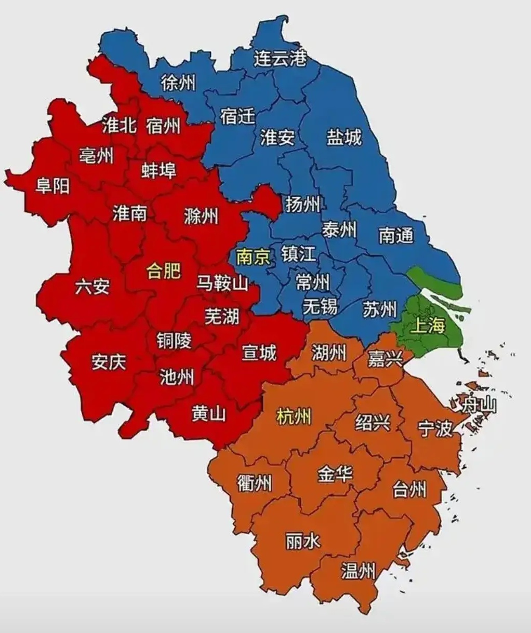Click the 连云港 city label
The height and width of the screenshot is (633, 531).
click(x=280, y=58)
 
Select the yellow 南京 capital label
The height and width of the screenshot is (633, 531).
click(x=253, y=257)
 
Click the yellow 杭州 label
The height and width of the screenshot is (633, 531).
click(x=294, y=416)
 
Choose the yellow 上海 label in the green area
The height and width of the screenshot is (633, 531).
click(x=428, y=326)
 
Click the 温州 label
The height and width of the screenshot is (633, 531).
click(x=358, y=571)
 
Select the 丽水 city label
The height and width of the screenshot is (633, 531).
click(x=303, y=542)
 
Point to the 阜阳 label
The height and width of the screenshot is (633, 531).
click(x=52, y=185)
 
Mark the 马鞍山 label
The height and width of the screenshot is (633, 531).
click(x=222, y=284)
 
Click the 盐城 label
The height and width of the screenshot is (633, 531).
click(x=344, y=138)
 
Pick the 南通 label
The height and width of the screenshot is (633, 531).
click(x=396, y=236)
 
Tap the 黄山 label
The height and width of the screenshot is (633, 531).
click(x=209, y=413)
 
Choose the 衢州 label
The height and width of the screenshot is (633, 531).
click(x=254, y=483)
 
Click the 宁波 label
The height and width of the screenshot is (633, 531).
click(x=435, y=428)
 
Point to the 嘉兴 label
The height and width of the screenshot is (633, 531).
click(x=385, y=358)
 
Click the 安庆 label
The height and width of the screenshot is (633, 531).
click(x=109, y=361)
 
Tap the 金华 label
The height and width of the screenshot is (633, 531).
click(x=335, y=473)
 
